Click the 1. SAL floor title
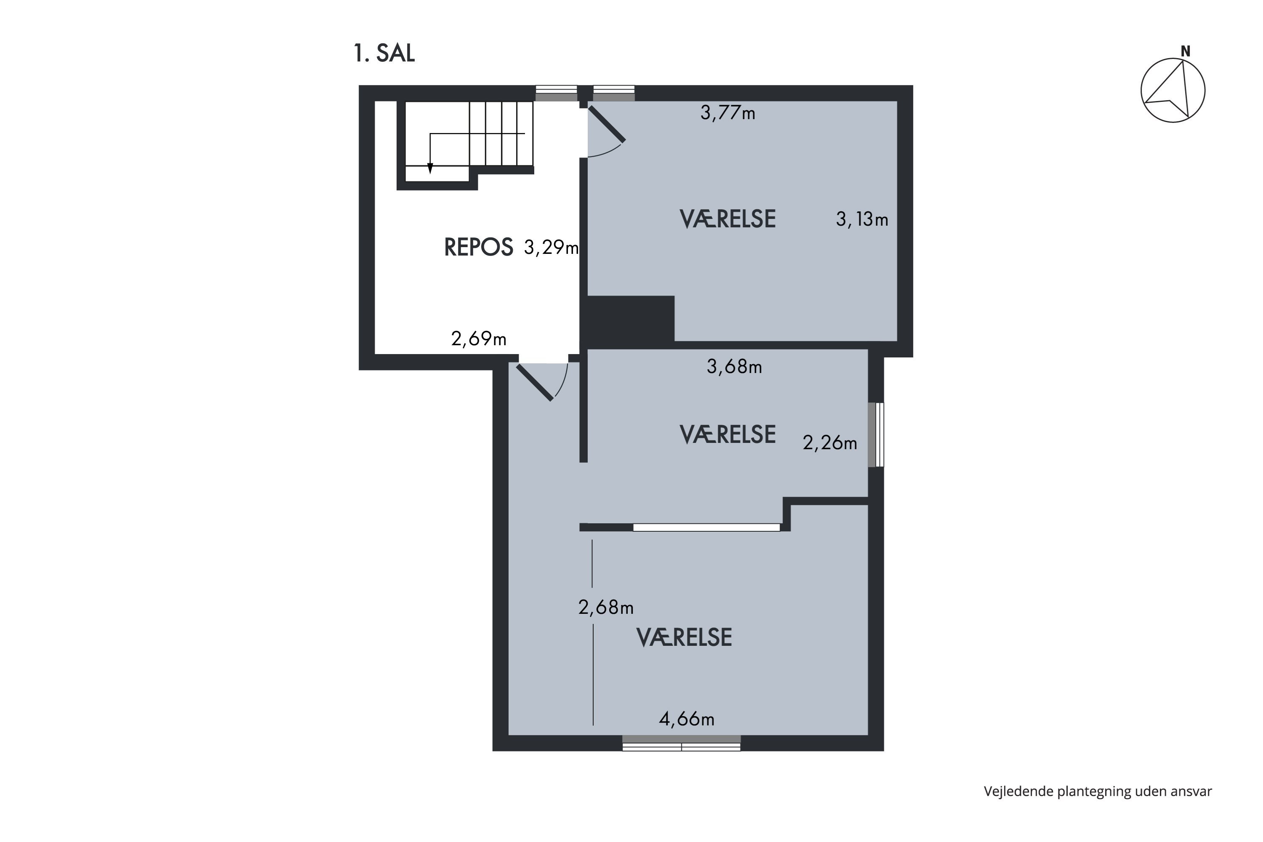(x=384, y=53)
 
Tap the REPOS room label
(x=478, y=247)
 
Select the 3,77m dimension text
(x=727, y=113)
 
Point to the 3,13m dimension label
(x=862, y=219)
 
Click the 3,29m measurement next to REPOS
(x=551, y=248)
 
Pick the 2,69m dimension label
(x=478, y=339)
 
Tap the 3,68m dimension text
(x=734, y=366)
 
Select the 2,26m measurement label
(x=830, y=442)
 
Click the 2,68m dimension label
(x=606, y=608)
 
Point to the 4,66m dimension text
(x=686, y=719)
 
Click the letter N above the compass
(x=1185, y=51)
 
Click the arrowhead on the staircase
(x=429, y=169)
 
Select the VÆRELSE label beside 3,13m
(x=727, y=219)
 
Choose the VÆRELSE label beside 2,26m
(x=727, y=434)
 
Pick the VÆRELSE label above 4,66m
(x=684, y=637)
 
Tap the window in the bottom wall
(x=682, y=743)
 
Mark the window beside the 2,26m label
(x=876, y=435)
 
